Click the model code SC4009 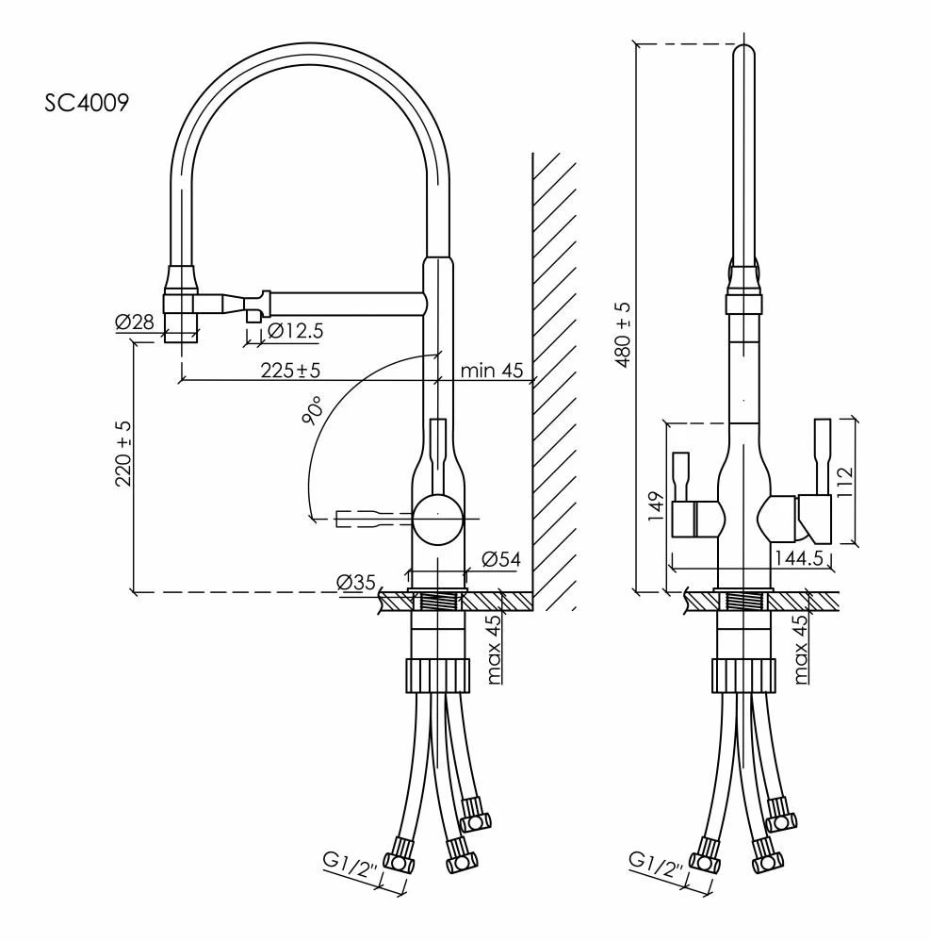(x=87, y=103)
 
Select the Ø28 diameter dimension (x=135, y=322)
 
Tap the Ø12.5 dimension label (x=295, y=330)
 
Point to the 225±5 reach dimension (x=290, y=370)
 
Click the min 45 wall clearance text (x=492, y=370)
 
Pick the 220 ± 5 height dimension (x=123, y=454)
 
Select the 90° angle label (x=314, y=411)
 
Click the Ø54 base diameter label (x=501, y=560)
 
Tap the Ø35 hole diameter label (x=356, y=582)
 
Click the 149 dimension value (x=656, y=506)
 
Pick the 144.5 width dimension (x=798, y=559)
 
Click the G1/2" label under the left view (x=350, y=865)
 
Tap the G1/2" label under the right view (x=656, y=865)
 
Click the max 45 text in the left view (x=494, y=650)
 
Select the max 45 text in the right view (x=800, y=650)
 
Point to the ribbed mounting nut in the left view (x=438, y=675)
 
